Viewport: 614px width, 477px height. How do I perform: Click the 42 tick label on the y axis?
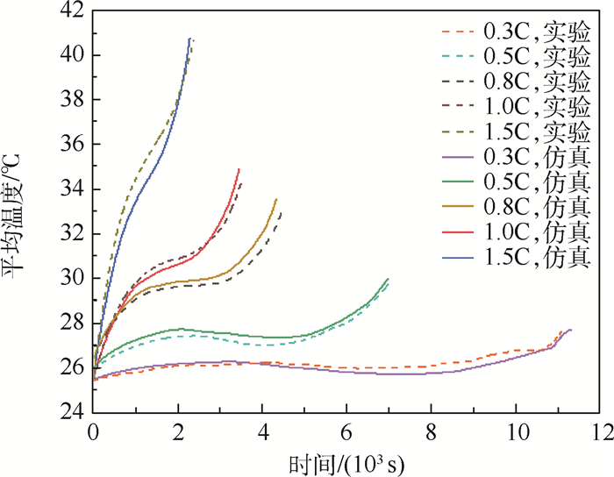(73, 11)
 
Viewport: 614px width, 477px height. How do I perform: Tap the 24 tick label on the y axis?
(73, 411)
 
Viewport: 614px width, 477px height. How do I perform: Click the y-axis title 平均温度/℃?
(18, 210)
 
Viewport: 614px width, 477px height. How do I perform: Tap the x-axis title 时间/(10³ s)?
(346, 462)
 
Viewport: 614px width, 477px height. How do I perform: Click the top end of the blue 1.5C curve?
(189, 39)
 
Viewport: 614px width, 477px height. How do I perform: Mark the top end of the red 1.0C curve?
(239, 169)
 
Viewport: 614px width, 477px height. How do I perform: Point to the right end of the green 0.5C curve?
(388, 279)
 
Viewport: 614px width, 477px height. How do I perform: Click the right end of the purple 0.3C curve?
(571, 330)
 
